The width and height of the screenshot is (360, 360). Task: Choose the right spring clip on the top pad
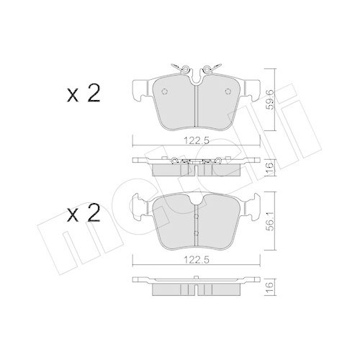pos(212,69)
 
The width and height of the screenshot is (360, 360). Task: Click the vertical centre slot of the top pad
pos(197,101)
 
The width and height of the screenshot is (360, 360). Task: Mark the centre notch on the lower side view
pos(197,289)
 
